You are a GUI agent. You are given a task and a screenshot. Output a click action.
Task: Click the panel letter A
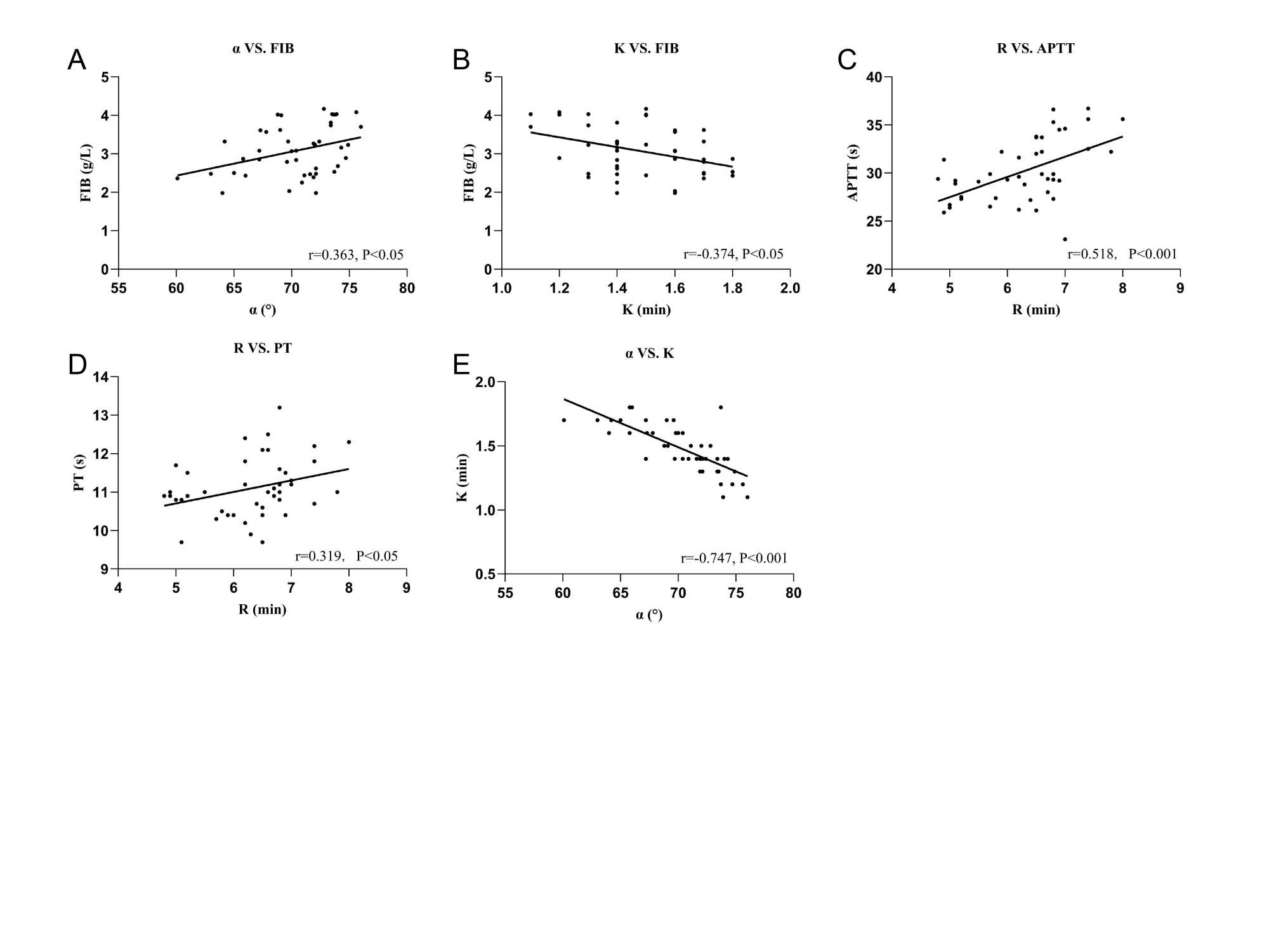(77, 60)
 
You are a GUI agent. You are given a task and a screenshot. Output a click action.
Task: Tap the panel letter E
(461, 365)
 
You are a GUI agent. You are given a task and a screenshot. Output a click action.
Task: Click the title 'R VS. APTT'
(1036, 49)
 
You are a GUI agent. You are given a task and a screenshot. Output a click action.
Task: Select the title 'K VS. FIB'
(646, 49)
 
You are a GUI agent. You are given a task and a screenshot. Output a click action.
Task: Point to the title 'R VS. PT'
(263, 348)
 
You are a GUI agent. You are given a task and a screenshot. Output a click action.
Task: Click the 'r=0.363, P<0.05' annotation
(356, 255)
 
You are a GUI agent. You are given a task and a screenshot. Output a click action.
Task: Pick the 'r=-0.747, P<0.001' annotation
(734, 559)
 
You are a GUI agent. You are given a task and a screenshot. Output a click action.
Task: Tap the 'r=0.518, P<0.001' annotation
(1122, 255)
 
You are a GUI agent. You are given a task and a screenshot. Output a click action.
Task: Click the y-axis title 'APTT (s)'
(853, 173)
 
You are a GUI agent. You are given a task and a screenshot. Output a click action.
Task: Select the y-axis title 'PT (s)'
(79, 473)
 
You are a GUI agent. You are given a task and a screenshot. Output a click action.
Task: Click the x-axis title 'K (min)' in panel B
(646, 310)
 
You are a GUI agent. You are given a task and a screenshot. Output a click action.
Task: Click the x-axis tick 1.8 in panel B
(732, 288)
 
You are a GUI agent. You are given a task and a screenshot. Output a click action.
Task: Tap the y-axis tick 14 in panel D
(101, 377)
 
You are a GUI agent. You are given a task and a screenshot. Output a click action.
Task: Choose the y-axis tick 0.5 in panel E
(485, 574)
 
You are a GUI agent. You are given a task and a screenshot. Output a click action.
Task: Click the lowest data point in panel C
(1065, 239)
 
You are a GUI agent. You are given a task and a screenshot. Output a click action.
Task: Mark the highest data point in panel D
(279, 407)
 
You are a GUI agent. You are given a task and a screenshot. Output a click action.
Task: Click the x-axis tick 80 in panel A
(407, 288)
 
